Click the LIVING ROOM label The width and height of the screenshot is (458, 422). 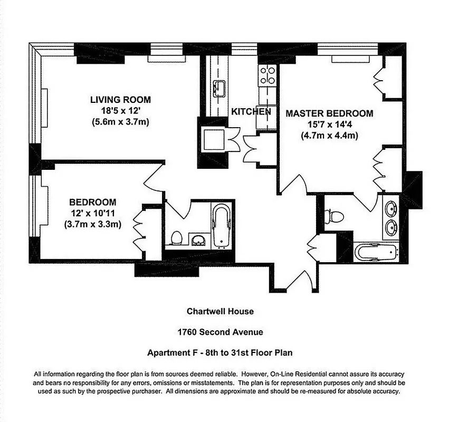[x=120, y=100]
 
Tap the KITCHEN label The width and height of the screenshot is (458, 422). [x=251, y=112]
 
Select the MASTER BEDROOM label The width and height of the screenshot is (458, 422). [x=329, y=113]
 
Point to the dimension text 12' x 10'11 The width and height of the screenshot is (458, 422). [x=92, y=213]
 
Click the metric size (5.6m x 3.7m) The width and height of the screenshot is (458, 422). [x=120, y=122]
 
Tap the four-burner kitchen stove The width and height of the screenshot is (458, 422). [x=268, y=75]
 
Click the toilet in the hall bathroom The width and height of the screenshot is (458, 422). [x=176, y=238]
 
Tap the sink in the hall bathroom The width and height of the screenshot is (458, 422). [x=198, y=241]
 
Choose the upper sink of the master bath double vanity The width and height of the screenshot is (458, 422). [x=392, y=209]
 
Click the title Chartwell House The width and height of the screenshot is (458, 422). [x=220, y=311]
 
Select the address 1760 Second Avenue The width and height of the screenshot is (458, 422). [x=220, y=332]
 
